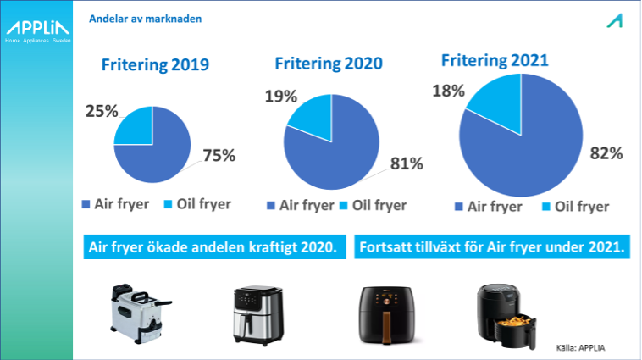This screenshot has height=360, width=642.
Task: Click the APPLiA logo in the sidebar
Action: (x=37, y=31)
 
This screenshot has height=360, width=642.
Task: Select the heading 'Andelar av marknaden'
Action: (x=146, y=19)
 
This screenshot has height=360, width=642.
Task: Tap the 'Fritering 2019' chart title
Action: (x=155, y=64)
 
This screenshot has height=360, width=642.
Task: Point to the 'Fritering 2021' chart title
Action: (x=495, y=61)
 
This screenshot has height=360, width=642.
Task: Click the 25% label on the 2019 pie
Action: (x=102, y=111)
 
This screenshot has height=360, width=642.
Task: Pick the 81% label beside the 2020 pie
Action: (x=407, y=163)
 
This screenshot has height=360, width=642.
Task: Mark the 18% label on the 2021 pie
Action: (x=448, y=91)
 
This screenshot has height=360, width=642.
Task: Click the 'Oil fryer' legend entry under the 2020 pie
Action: (x=374, y=205)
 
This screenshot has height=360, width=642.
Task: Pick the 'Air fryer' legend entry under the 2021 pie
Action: (x=489, y=207)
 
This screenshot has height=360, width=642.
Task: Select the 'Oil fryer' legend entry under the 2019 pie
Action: (x=197, y=204)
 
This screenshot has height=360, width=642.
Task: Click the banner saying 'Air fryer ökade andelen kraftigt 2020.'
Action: (x=214, y=247)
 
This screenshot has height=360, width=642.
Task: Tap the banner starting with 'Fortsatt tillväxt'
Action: (x=492, y=247)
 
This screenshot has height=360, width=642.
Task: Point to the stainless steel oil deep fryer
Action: (x=140, y=313)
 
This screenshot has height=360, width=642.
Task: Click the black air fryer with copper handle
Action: (x=386, y=315)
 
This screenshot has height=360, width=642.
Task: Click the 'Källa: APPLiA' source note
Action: (x=580, y=348)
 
